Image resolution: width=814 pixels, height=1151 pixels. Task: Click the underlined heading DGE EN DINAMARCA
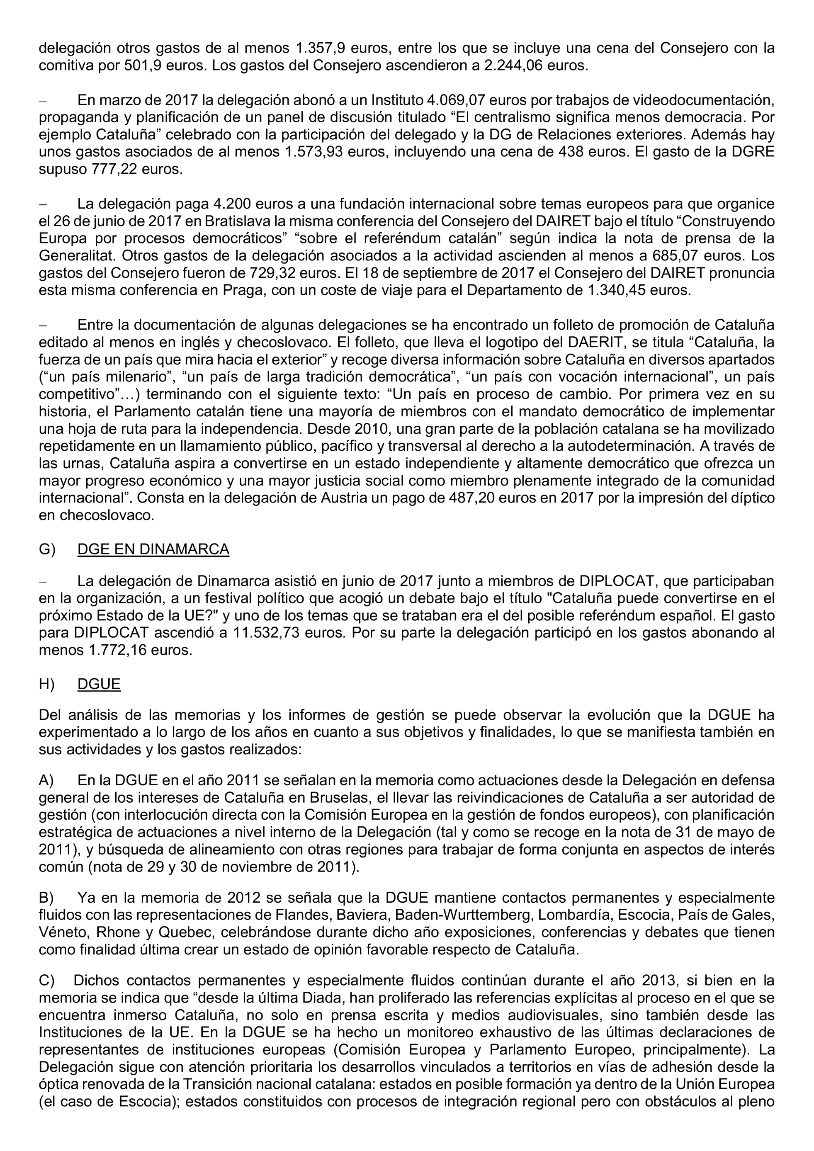click(153, 549)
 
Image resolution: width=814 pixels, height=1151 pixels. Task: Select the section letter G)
click(47, 549)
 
